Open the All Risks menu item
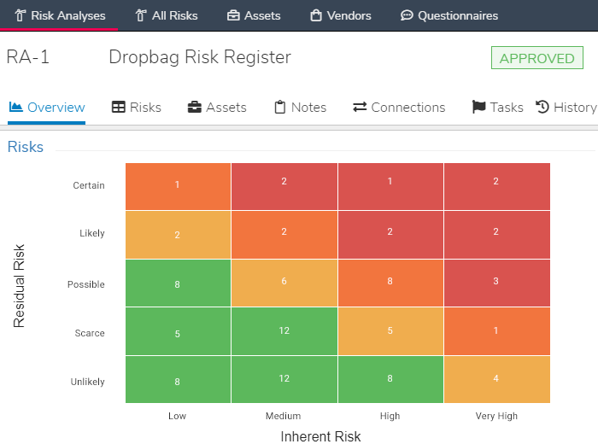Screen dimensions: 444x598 [167, 15]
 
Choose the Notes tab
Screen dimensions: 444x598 [300, 107]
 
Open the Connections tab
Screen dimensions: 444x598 [399, 107]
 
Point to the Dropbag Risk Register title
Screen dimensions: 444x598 [200, 57]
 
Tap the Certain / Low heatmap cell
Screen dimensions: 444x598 [178, 185]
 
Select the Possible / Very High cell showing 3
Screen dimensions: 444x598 [496, 281]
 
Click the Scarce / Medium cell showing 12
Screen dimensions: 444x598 [284, 330]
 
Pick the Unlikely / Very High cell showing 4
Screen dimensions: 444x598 [496, 378]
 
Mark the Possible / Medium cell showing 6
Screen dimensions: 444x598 [284, 281]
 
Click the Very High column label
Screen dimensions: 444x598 [496, 416]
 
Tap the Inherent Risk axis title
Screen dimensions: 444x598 [320, 436]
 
